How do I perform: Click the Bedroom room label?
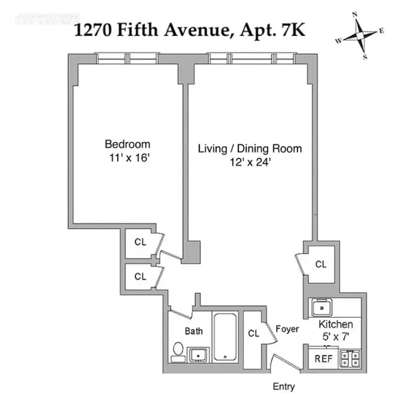point(127,144)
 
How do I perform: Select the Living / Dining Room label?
point(250,149)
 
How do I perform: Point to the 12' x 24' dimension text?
point(250,162)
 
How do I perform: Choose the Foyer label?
point(287,329)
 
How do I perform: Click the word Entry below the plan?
point(284,387)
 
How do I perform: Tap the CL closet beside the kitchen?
point(321,265)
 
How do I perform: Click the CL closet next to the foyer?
point(254,333)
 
